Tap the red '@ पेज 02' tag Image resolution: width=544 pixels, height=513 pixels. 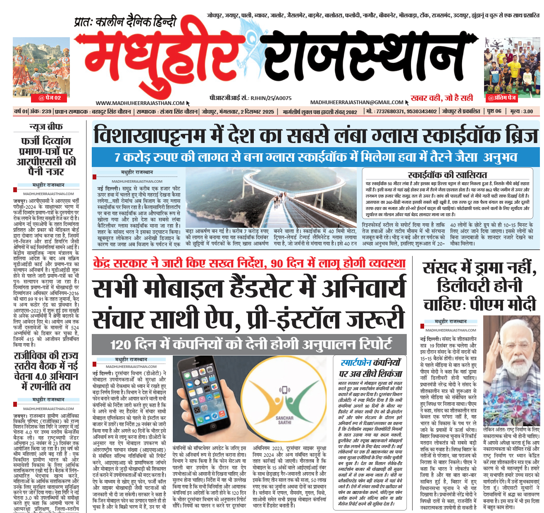click(x=50, y=98)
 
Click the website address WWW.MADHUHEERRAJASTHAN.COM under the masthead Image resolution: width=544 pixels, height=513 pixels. click(x=140, y=103)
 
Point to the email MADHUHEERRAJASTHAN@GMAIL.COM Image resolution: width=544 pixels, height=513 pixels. click(x=357, y=103)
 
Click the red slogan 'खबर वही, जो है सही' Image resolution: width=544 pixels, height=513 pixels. click(x=442, y=98)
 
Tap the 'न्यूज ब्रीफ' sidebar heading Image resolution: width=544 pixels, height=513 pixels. click(x=46, y=126)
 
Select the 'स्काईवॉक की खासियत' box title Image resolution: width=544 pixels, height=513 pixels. click(x=447, y=174)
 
